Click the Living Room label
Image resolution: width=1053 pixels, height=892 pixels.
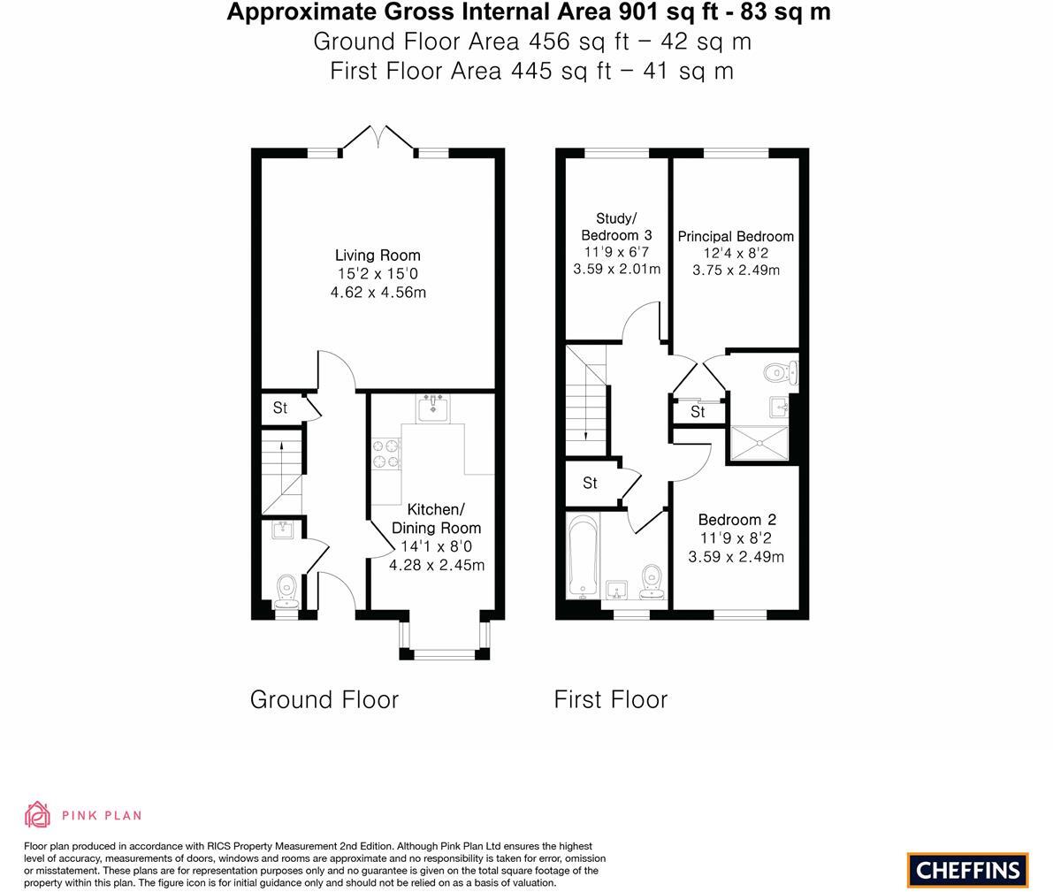point(378,256)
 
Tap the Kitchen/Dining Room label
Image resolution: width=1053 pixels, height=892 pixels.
point(436,519)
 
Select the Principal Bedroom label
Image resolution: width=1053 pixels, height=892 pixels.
point(736,236)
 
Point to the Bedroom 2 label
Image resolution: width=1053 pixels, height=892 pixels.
point(736,520)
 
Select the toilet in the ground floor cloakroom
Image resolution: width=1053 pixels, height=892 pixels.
point(286,590)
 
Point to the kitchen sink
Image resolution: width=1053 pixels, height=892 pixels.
point(434,408)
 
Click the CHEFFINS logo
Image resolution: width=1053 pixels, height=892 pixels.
point(967,870)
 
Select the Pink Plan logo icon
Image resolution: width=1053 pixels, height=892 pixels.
point(37,814)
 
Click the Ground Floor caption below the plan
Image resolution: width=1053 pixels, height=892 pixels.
point(324,699)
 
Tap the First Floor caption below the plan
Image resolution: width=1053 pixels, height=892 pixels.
point(610,699)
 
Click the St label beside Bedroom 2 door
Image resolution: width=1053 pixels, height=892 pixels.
point(698,412)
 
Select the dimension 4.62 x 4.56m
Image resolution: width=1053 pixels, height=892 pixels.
point(378,292)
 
